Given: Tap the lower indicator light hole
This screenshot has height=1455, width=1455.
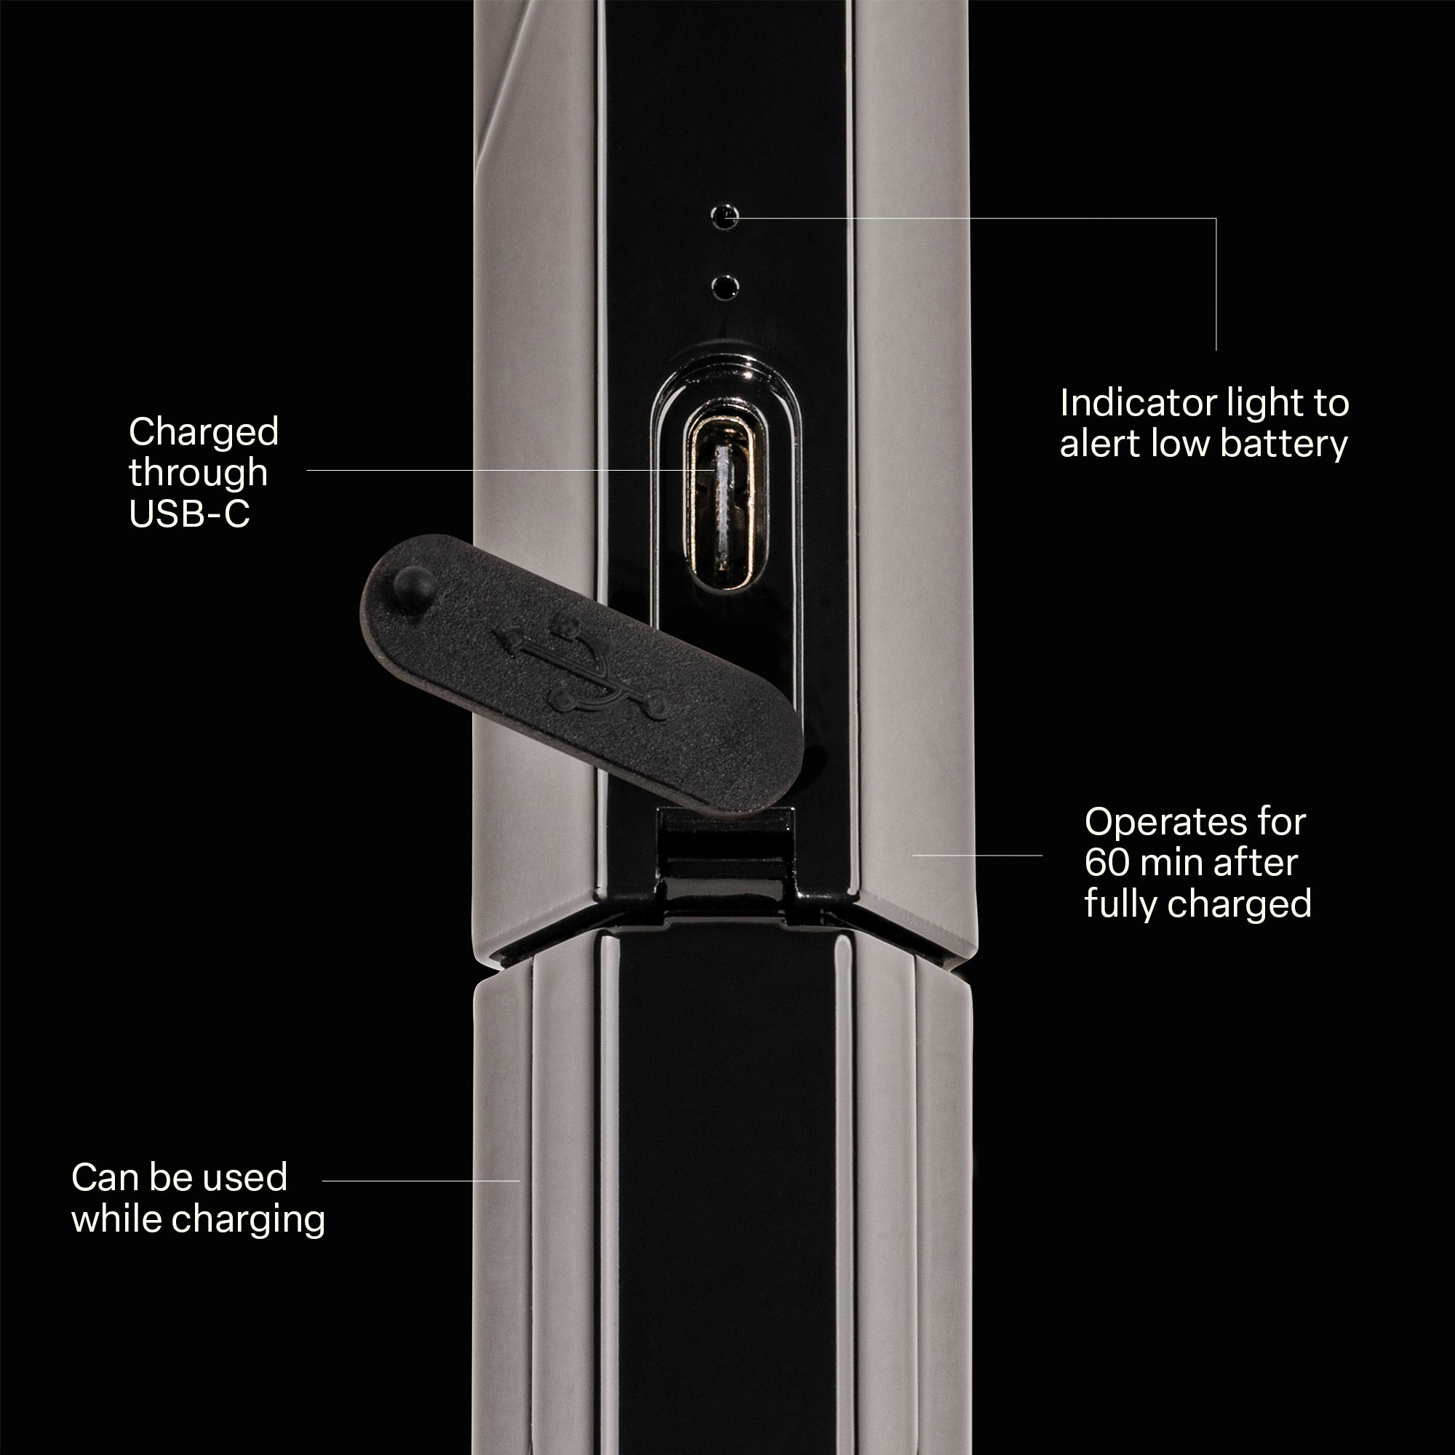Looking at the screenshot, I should [725, 286].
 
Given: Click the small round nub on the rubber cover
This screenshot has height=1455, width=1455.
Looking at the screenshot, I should [414, 582].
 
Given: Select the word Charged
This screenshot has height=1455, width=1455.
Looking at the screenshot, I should [204, 432].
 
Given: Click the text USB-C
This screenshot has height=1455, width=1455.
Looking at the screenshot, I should [189, 514].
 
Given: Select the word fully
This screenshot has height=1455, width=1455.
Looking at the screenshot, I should [1121, 904].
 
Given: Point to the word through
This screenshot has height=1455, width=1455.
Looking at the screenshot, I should [198, 474].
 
